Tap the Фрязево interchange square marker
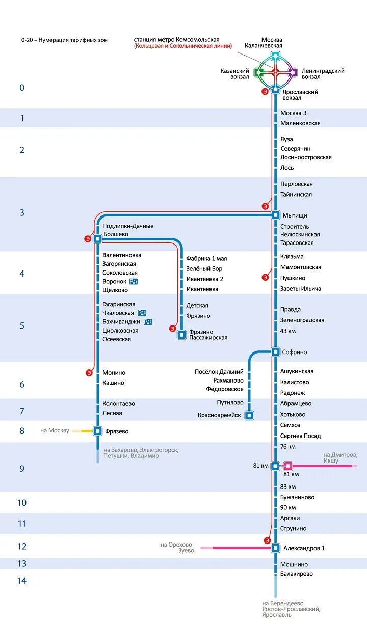click(97, 431)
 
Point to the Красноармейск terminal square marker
click(249, 415)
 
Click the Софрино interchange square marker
click(275, 351)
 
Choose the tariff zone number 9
click(22, 469)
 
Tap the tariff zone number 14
click(22, 581)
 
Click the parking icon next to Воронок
click(134, 281)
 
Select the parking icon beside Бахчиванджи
click(148, 322)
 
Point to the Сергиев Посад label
click(300, 436)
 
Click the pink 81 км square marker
click(288, 466)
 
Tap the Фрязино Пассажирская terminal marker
click(181, 335)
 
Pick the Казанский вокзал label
click(234, 74)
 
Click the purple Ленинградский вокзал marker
click(292, 72)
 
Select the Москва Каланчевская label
click(272, 43)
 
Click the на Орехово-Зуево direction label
click(177, 548)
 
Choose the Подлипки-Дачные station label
click(128, 226)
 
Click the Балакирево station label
click(297, 574)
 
